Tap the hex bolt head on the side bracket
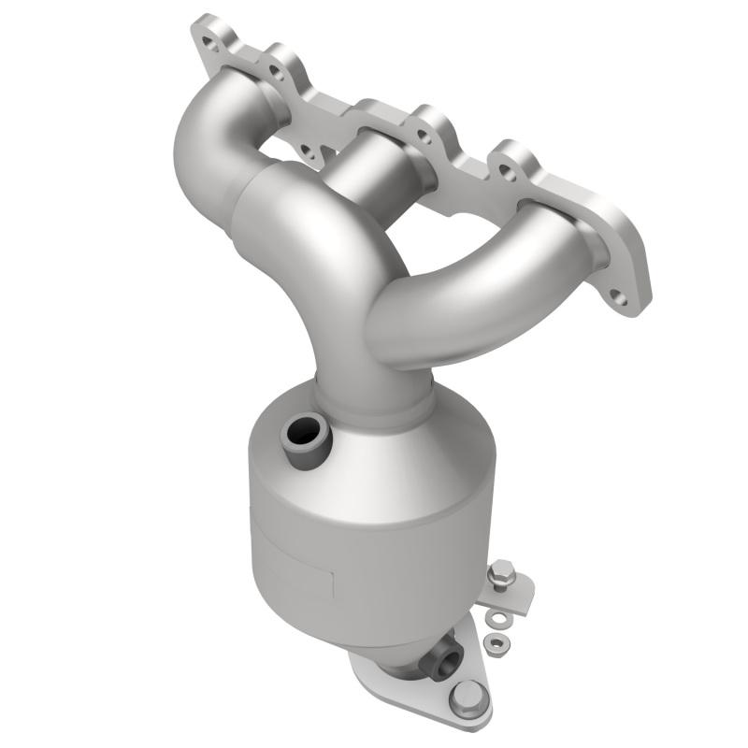pos(502,569)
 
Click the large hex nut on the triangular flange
pos(467,696)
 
